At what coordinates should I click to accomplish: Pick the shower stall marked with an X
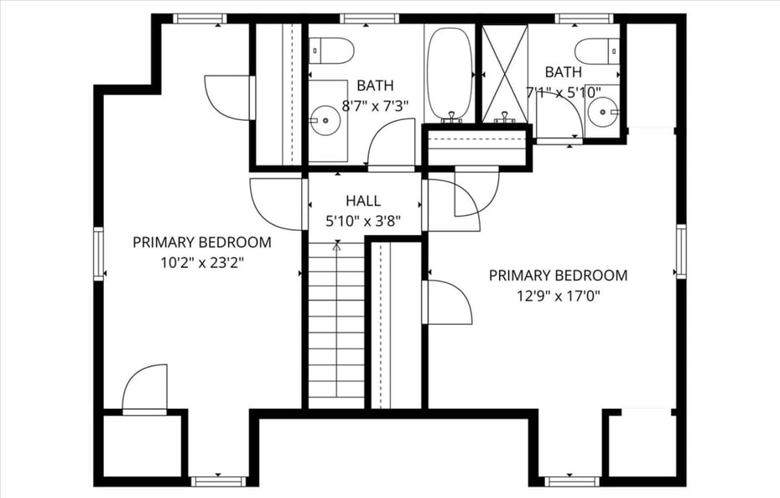505,74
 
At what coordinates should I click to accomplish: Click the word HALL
363,202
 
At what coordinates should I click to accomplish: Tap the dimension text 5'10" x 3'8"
363,223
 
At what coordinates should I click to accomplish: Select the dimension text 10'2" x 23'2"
202,262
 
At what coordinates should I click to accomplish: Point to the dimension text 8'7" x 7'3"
376,107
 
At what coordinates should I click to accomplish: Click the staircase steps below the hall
336,328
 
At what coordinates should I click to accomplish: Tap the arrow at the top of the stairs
336,248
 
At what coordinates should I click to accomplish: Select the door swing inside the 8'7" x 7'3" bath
393,143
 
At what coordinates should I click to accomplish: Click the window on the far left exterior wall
98,253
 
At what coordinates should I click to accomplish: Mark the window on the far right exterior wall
681,250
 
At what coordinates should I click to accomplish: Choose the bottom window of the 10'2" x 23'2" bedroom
217,481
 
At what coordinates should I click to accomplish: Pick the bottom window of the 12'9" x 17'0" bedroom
572,481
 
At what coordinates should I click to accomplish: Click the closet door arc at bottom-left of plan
145,388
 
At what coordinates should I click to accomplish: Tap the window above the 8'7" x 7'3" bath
369,18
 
